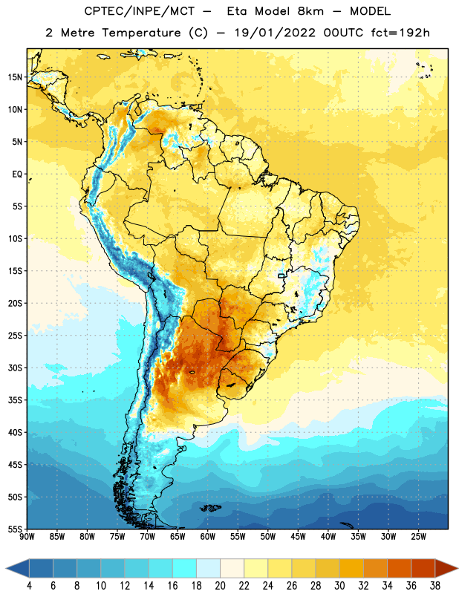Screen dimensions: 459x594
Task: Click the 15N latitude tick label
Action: tap(15, 77)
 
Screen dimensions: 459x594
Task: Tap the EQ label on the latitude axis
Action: tap(17, 174)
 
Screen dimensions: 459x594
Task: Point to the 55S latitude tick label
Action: tap(15, 529)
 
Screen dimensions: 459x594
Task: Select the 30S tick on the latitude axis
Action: tap(15, 368)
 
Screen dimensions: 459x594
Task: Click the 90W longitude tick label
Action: tap(27, 536)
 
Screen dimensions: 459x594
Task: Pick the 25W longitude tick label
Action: tap(418, 536)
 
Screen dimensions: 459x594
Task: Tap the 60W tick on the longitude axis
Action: tap(208, 536)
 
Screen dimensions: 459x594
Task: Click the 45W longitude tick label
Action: tap(298, 536)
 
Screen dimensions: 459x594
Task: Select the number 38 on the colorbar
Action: tap(435, 586)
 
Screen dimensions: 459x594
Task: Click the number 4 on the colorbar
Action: tap(29, 586)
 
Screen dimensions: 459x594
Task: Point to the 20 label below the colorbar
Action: tap(220, 586)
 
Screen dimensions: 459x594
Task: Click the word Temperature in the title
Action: tap(141, 33)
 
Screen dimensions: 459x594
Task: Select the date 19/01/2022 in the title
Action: tap(275, 33)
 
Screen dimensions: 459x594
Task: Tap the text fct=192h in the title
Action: tap(400, 33)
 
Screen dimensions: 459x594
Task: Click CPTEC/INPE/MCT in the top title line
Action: tap(140, 11)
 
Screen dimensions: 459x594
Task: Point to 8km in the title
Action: tap(310, 11)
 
